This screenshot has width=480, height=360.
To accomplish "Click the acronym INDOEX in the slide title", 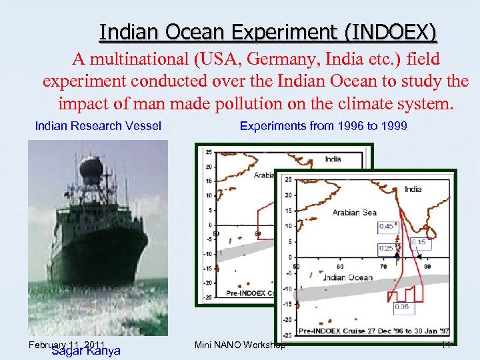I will pos(399,32).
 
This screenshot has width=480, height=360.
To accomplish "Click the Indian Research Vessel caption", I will pos(98,126).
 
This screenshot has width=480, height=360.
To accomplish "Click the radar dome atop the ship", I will pos(91,167).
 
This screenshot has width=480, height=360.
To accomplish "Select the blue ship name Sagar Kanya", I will pos(85,351).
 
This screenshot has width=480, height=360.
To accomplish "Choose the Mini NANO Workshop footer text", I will pos(240,345).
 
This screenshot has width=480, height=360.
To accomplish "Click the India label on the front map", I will pos(413,189).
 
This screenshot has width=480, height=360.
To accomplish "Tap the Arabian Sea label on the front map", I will pos(355,213).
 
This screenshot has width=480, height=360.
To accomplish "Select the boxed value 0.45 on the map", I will pos(386,227).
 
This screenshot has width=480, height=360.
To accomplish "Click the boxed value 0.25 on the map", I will pos(385,248).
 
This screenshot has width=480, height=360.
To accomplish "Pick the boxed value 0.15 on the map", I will pos(419,242).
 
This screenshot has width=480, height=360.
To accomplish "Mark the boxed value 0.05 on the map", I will pos(402,307).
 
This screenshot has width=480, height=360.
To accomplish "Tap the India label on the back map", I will pos(333,159).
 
